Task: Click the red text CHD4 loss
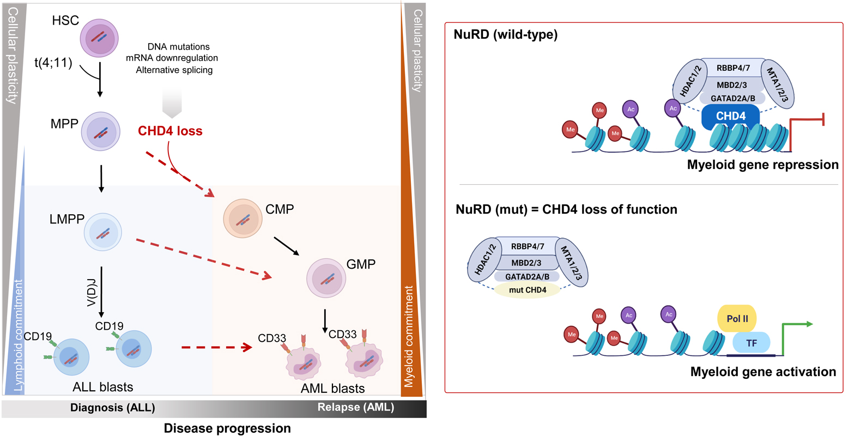pyautogui.click(x=170, y=131)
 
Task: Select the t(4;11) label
pyautogui.click(x=53, y=63)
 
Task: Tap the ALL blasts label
pyautogui.click(x=103, y=387)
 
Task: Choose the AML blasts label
pyautogui.click(x=332, y=389)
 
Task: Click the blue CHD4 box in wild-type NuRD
pyautogui.click(x=730, y=117)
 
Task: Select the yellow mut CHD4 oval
pyautogui.click(x=528, y=290)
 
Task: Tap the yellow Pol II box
pyautogui.click(x=737, y=319)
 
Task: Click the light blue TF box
pyautogui.click(x=752, y=343)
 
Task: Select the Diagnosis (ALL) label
pyautogui.click(x=112, y=408)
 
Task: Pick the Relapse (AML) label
pyautogui.click(x=355, y=408)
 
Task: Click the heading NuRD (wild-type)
pyautogui.click(x=506, y=35)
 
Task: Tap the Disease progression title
pyautogui.click(x=227, y=428)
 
